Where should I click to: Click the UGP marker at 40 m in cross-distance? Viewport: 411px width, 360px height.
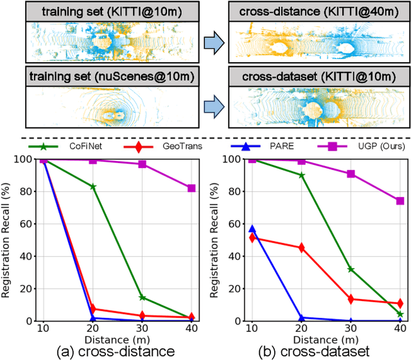pos(191,188)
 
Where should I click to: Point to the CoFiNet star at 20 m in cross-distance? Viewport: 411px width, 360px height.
pos(94,187)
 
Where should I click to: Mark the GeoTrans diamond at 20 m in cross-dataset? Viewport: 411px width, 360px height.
pos(301,248)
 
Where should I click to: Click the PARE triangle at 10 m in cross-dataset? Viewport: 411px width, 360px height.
pos(252,228)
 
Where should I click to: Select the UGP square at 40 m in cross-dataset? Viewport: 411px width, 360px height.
pos(399,201)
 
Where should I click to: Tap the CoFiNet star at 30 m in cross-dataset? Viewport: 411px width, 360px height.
pos(351,269)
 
